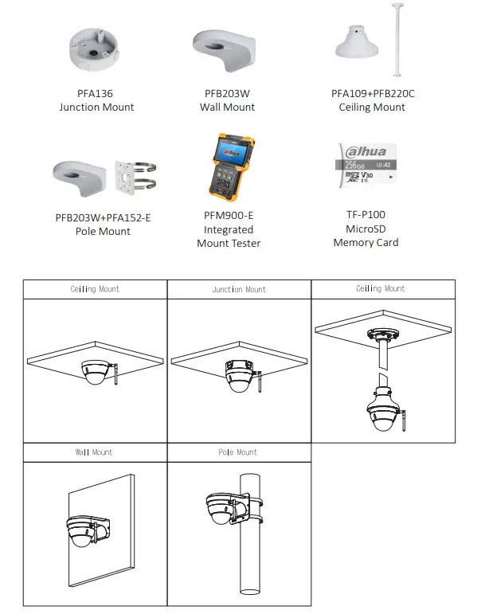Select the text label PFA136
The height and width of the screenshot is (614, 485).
(96, 93)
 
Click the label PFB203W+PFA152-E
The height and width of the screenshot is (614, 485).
(103, 217)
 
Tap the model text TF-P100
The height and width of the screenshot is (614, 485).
(366, 214)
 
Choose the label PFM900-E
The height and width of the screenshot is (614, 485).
(229, 215)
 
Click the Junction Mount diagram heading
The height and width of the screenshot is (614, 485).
(239, 290)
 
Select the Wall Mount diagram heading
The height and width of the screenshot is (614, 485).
(94, 452)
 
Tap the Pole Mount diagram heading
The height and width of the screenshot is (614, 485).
(238, 452)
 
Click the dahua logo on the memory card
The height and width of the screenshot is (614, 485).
(362, 151)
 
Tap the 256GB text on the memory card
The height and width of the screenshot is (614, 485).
(350, 165)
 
